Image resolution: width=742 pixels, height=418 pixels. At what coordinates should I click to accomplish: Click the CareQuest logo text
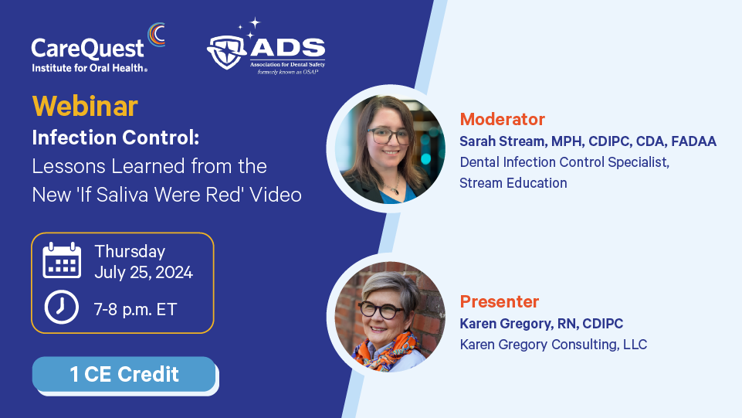click(87, 49)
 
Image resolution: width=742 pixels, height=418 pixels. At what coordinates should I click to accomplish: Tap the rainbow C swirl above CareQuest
click(155, 35)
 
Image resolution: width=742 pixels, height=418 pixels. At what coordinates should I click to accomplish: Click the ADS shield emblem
click(226, 52)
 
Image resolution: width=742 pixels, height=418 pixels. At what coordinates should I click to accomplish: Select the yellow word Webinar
click(85, 106)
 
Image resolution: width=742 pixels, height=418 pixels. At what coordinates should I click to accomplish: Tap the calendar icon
click(62, 260)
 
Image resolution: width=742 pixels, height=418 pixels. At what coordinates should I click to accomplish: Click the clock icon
click(62, 308)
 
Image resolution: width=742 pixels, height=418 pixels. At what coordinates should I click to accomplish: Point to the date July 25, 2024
click(144, 273)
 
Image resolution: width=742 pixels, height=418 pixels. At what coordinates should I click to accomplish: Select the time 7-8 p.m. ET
click(135, 310)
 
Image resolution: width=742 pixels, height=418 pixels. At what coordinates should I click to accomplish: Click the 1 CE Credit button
click(124, 375)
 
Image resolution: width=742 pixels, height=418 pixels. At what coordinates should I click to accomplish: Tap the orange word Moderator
click(502, 119)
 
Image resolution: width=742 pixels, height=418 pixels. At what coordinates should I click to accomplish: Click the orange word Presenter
click(500, 301)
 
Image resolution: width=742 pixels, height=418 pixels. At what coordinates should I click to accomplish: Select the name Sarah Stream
click(502, 141)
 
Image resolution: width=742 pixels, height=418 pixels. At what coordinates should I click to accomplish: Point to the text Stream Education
click(513, 182)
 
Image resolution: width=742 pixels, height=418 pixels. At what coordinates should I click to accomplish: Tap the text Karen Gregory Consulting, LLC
click(553, 344)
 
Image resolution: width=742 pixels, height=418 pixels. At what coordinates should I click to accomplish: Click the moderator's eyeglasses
click(390, 136)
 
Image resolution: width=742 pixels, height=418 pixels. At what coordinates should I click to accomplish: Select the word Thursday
click(130, 252)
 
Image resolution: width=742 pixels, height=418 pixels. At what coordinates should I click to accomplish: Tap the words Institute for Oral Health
click(90, 68)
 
